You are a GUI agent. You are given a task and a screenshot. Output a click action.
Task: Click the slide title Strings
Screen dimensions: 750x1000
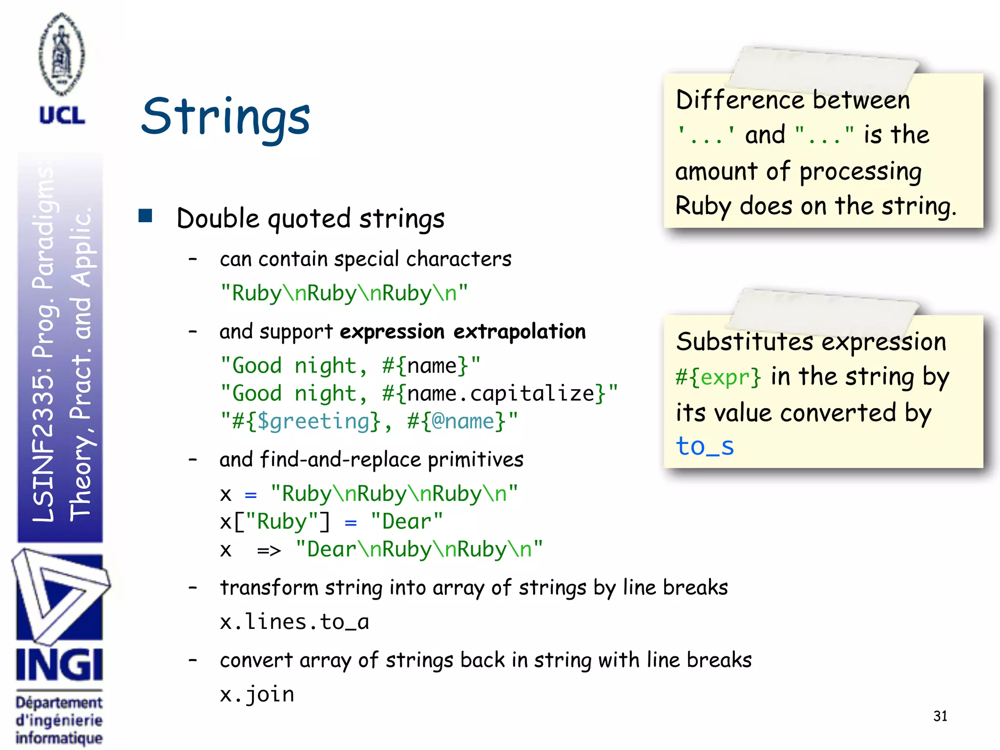tap(226, 117)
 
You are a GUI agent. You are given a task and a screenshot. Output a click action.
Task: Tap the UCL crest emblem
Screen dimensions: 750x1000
tap(62, 54)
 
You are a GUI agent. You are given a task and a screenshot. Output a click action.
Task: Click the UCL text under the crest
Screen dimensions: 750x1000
tap(62, 116)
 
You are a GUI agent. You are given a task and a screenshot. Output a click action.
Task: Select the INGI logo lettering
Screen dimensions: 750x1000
tap(60, 665)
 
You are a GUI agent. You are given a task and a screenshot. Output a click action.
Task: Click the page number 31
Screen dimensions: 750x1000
tap(940, 716)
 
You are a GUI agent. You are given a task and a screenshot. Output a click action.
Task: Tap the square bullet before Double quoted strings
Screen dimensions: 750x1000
tap(146, 216)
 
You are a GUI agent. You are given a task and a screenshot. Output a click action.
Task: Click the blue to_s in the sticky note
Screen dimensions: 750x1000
tap(705, 446)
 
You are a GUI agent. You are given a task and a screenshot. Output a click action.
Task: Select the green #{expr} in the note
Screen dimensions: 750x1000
tap(718, 377)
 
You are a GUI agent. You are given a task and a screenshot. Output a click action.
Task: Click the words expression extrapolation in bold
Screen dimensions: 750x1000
tap(462, 332)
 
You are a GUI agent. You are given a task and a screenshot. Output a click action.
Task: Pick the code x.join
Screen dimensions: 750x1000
tap(257, 694)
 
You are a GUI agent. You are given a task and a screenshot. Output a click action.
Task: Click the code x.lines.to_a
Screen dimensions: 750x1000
tap(294, 622)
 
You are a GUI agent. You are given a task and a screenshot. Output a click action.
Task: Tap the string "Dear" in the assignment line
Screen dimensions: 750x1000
tap(407, 521)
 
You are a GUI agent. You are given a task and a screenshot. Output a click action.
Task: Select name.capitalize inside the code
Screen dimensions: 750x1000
tap(500, 394)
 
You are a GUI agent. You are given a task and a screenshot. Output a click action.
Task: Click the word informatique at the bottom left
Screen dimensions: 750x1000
tap(59, 738)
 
